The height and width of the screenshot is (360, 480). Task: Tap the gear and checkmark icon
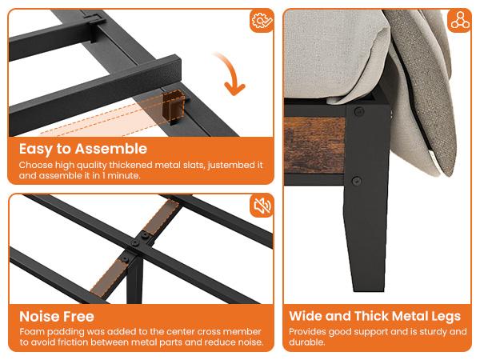[x=262, y=21]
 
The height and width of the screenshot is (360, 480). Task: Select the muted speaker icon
[x=262, y=206]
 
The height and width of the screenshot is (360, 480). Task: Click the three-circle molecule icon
[x=459, y=20]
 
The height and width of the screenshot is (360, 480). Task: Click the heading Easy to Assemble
[x=83, y=149]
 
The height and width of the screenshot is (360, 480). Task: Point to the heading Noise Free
[x=57, y=317]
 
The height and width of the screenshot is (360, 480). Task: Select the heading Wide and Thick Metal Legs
[x=374, y=317]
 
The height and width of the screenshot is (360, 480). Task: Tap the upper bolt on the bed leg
[x=358, y=111]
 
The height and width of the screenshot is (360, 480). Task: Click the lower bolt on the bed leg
[x=357, y=181]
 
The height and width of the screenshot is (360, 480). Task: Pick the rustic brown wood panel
[x=314, y=145]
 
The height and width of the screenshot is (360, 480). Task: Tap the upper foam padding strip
[x=162, y=217]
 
